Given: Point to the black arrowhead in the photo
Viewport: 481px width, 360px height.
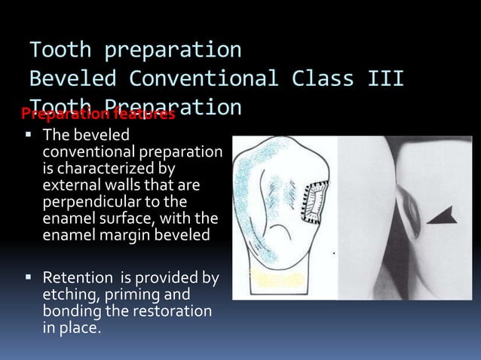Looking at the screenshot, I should (442, 215).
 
